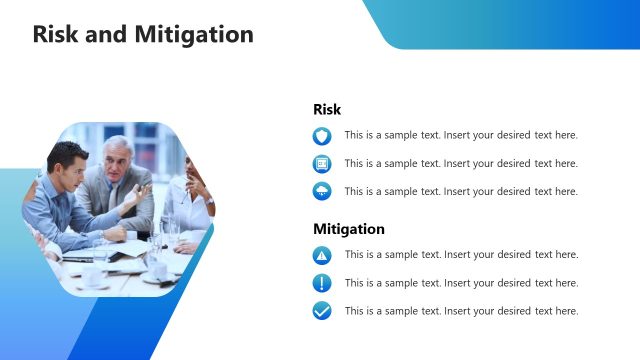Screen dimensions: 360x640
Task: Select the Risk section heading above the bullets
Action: [327, 110]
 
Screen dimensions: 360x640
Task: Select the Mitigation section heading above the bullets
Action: [349, 229]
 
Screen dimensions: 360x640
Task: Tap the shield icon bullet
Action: [322, 136]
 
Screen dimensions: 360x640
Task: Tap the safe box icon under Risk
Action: [322, 164]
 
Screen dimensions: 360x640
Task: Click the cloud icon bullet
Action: [322, 192]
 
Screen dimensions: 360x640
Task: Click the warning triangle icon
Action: [322, 255]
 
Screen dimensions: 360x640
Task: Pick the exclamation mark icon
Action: [322, 283]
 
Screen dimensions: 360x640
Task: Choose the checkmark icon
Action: [322, 311]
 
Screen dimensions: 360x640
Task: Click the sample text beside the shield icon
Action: [461, 135]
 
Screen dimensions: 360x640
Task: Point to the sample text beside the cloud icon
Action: [461, 191]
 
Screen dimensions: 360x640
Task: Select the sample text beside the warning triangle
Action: [461, 255]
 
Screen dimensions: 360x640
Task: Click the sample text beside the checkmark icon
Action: [461, 311]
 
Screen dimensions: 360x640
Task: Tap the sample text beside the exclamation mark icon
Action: [461, 283]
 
